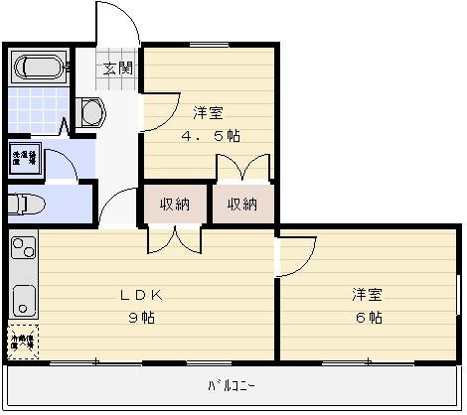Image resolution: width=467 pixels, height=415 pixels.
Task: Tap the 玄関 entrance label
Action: (x=118, y=68)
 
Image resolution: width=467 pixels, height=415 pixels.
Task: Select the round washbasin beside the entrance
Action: (x=92, y=113)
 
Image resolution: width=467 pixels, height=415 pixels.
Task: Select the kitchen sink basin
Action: (x=23, y=296)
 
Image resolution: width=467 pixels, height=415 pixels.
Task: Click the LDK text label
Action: (x=140, y=295)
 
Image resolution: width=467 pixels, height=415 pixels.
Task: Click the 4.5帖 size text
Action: (x=208, y=136)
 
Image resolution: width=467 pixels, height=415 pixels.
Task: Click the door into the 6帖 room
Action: (x=296, y=256)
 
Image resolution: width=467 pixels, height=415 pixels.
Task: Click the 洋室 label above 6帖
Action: (x=367, y=295)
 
